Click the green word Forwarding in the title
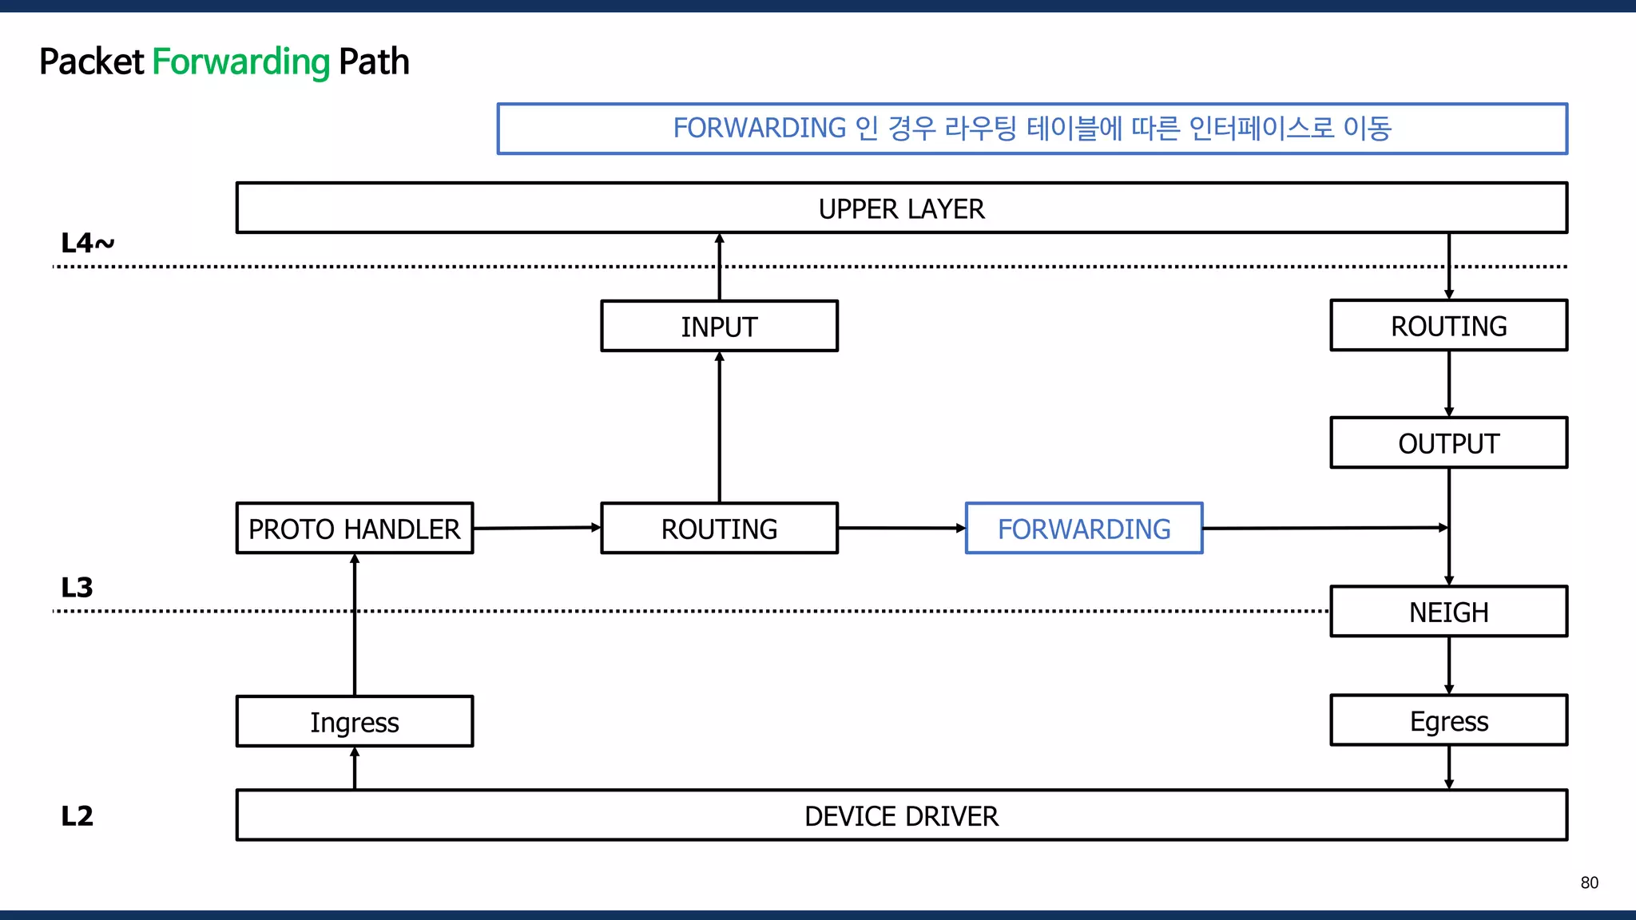point(240,62)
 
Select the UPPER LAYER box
point(901,208)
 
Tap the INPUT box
point(719,326)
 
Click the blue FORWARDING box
point(1083,528)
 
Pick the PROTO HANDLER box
point(355,528)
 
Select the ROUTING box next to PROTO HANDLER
point(719,528)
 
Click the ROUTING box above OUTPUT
point(1448,325)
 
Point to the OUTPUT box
point(1448,442)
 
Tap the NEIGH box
point(1448,612)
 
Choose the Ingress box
point(355,721)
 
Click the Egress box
point(1448,720)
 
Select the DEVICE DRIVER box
point(901,815)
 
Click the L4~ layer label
point(87,243)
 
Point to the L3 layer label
point(77,588)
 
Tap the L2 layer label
point(77,815)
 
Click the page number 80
point(1589,882)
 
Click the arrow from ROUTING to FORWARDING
point(901,528)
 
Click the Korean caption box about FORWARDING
point(1031,129)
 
